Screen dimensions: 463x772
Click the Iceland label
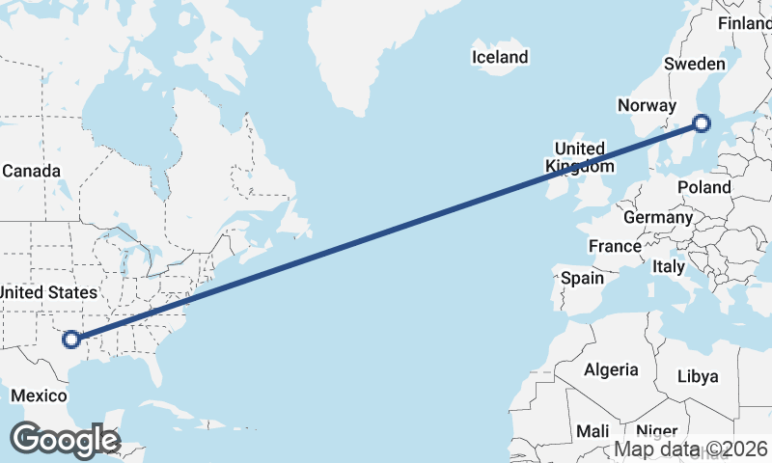(x=500, y=57)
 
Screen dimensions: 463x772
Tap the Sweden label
(x=695, y=64)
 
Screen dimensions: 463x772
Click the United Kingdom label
(x=579, y=157)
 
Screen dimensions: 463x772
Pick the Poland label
(x=704, y=187)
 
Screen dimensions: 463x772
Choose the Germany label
(x=658, y=217)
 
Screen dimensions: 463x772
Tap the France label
(x=615, y=246)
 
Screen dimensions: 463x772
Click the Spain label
(x=583, y=278)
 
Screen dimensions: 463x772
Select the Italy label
(x=669, y=265)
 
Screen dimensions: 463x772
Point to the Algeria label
(x=611, y=369)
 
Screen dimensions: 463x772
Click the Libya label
(x=699, y=376)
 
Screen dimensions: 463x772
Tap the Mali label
(x=593, y=431)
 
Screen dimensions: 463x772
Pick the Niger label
(x=657, y=431)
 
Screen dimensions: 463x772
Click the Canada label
(x=31, y=171)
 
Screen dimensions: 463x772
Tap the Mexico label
(x=39, y=395)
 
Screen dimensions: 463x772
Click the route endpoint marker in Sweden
(x=702, y=123)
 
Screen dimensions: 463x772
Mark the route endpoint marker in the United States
(x=69, y=339)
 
